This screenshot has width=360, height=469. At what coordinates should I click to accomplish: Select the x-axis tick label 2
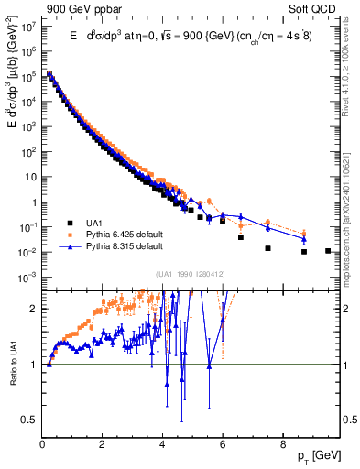[x=102, y=448]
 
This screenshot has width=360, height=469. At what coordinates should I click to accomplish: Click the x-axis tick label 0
[x=42, y=448]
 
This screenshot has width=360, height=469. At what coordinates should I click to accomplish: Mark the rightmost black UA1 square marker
[x=327, y=250]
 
